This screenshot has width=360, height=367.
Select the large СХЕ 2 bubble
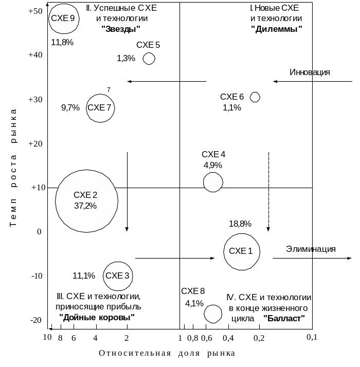click(86, 200)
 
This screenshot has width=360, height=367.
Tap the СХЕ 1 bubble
click(241, 251)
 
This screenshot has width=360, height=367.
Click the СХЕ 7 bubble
click(100, 108)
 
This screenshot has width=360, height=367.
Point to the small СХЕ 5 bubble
click(149, 59)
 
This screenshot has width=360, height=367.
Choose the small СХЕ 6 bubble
click(255, 97)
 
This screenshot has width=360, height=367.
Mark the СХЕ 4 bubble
click(213, 182)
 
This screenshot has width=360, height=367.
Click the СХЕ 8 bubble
click(213, 313)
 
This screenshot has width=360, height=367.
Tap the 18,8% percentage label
click(240, 224)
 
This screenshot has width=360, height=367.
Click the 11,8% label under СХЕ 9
click(62, 42)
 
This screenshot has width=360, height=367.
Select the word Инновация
click(310, 72)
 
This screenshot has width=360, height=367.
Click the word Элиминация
click(311, 249)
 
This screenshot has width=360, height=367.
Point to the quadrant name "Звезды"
click(122, 29)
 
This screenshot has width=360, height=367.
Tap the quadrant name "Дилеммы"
click(276, 29)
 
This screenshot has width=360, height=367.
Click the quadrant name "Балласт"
click(284, 318)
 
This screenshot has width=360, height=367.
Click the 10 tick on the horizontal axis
click(47, 338)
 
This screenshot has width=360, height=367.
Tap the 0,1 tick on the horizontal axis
click(311, 338)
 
